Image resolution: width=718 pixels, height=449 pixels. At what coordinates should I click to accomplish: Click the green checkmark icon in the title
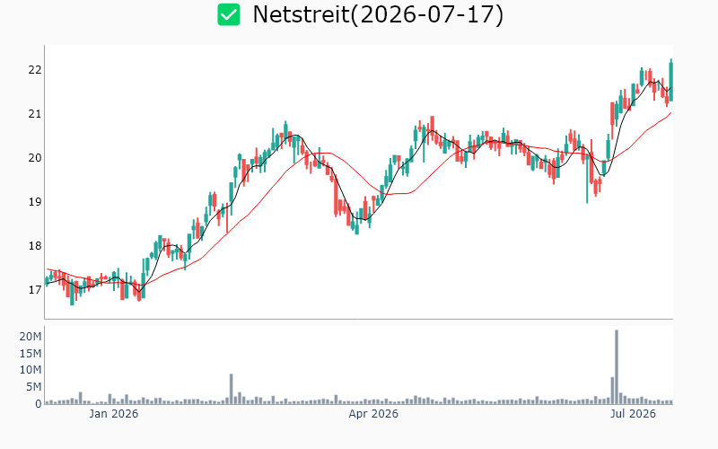pos(229,14)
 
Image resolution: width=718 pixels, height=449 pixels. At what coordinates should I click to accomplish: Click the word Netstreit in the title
pos(301,14)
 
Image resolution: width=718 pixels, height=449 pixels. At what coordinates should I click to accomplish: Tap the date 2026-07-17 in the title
pos(427,14)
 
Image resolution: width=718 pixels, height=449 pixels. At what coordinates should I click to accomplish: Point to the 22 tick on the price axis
pos(35,70)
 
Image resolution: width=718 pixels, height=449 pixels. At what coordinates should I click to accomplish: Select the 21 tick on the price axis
pos(35,114)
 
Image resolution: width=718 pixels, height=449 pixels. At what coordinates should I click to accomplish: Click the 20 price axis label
pos(35,158)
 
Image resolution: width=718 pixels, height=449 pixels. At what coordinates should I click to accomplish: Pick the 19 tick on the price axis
pos(35,201)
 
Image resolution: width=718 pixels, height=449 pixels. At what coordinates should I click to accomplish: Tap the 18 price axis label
pos(35,245)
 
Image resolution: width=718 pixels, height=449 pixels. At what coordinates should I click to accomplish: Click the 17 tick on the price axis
pos(35,289)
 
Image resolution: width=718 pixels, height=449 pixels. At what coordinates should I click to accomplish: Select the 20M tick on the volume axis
pos(31,337)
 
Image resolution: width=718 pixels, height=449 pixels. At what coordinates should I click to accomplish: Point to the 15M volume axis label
pos(31,353)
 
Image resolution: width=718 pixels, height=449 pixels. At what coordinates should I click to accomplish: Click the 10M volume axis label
pos(31,370)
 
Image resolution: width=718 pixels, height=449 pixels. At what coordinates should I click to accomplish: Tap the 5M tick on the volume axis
pos(33,387)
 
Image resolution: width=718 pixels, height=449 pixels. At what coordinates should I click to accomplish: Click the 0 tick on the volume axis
pos(39,403)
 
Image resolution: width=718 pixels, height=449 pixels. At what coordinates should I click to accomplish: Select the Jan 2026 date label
pos(114,414)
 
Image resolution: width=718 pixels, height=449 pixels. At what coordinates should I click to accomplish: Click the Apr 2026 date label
pos(373,414)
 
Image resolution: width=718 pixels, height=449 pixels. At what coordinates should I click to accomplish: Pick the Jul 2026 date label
pos(634,414)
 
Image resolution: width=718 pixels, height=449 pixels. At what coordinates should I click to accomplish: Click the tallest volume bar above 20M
pos(617,366)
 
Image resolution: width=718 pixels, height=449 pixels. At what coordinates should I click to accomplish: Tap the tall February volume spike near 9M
pos(232,389)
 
